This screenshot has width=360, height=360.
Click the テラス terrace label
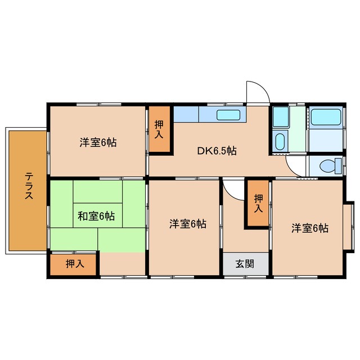tap(29, 186)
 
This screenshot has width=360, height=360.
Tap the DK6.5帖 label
tap(217, 151)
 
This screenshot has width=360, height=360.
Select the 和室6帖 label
tap(96, 216)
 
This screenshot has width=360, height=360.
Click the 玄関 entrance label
tap(245, 264)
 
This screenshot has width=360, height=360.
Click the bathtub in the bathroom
tap(326, 117)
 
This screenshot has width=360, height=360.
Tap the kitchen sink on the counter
tap(228, 115)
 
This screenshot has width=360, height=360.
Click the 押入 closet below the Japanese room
tap(73, 264)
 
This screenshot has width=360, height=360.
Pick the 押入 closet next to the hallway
tap(258, 203)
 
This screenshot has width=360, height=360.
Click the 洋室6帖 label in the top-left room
tap(98, 142)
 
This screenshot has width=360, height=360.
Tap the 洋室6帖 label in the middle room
tap(188, 224)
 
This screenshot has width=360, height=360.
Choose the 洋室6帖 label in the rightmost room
tap(310, 228)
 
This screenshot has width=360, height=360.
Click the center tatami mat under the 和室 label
tap(97, 215)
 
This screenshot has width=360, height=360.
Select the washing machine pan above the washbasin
tap(280, 117)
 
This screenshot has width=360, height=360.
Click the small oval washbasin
tap(280, 141)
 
